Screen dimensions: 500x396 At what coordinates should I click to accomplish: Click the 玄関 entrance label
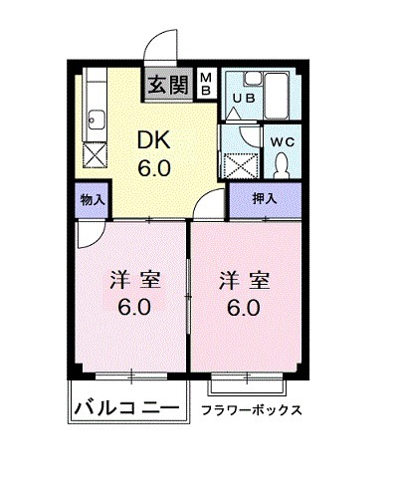pos(166,84)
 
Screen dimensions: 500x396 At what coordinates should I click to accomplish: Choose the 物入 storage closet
pos(92,199)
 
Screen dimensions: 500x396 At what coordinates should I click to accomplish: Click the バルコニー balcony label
pos(126,408)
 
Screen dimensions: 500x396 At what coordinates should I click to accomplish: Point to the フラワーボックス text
pos(251,409)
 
